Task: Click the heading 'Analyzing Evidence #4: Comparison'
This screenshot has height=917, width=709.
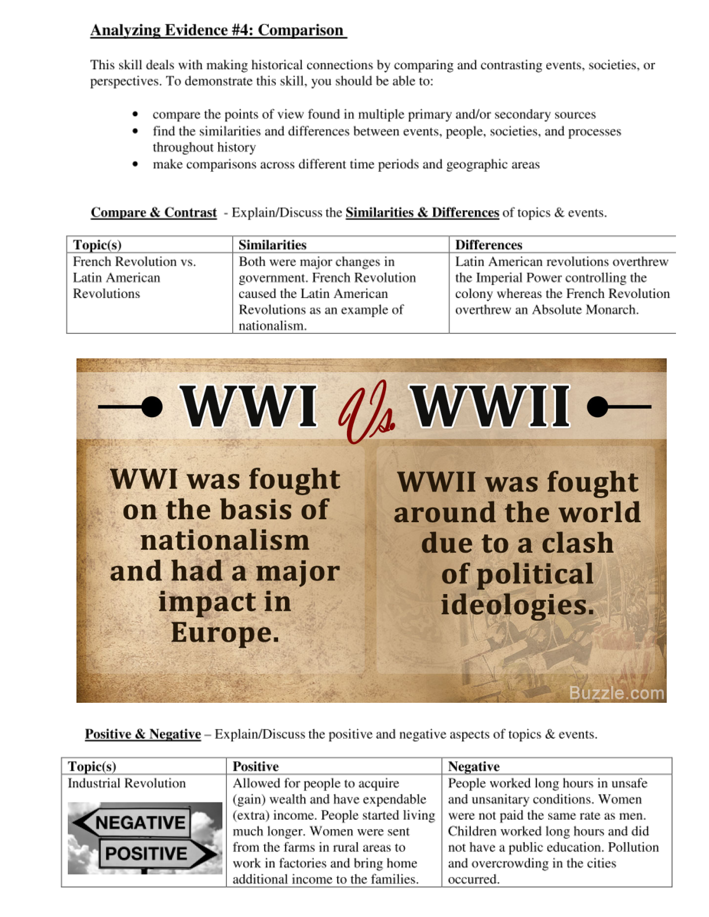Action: [218, 30]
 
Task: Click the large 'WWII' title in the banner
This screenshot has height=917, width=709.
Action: [491, 406]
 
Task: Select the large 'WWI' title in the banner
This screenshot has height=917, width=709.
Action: [249, 406]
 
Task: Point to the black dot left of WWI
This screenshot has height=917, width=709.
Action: [152, 406]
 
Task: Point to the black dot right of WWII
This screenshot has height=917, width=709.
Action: [598, 406]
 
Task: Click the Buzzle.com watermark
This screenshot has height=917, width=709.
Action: [616, 693]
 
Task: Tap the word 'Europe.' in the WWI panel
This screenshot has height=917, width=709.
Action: [225, 632]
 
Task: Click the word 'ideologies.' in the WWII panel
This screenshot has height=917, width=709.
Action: [517, 604]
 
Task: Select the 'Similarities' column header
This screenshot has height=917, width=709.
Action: [272, 245]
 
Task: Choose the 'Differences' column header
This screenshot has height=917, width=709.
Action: [488, 245]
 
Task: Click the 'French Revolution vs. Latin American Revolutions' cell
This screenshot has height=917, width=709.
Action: [134, 278]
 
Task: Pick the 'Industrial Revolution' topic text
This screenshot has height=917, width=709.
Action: [127, 783]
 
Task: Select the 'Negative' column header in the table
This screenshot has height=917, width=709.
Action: [473, 766]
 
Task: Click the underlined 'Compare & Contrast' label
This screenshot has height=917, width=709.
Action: [154, 212]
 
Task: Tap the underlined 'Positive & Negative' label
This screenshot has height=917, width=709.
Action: [143, 734]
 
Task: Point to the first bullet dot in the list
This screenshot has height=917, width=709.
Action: [136, 115]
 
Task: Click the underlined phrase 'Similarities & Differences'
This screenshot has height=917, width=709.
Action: [422, 212]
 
